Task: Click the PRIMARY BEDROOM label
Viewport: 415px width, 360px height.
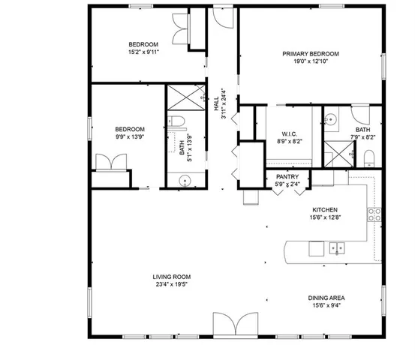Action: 311,54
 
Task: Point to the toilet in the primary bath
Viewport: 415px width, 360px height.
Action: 368,157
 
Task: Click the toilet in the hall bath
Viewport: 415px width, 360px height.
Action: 177,121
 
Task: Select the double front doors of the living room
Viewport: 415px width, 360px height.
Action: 235,324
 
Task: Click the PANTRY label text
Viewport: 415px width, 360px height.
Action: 287,176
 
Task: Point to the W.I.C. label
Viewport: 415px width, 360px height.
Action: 290,133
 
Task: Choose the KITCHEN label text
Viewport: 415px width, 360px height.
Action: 325,210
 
